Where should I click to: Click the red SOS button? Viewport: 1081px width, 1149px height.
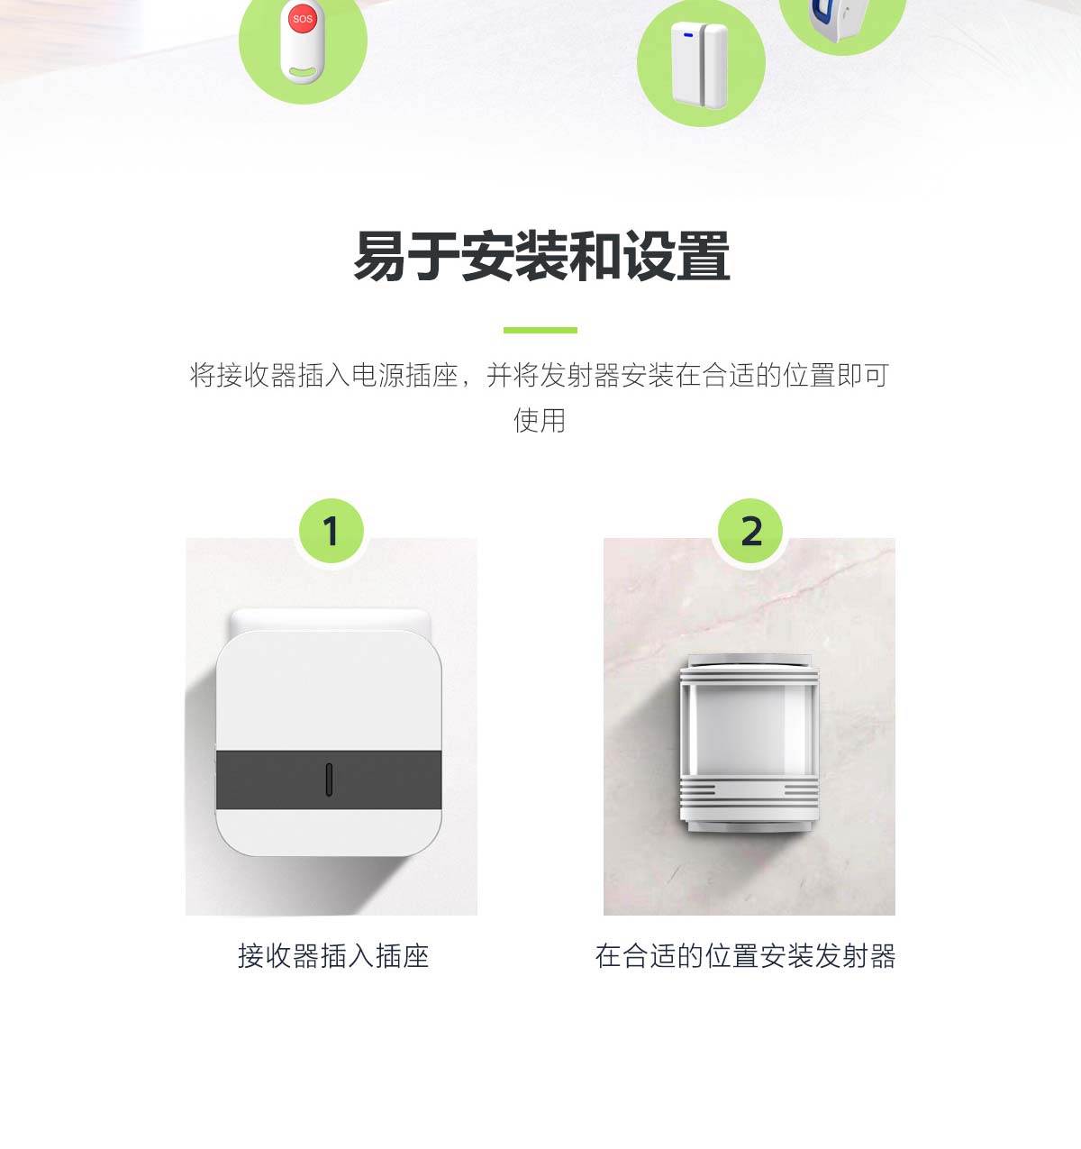[x=302, y=19]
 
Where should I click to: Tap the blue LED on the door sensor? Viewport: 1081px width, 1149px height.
[x=688, y=35]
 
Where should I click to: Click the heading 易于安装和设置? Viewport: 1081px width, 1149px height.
[x=541, y=256]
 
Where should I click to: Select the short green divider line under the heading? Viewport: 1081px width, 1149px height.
[x=540, y=330]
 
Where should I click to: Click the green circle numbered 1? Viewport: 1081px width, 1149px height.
[x=332, y=531]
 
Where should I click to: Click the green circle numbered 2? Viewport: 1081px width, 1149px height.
[x=750, y=531]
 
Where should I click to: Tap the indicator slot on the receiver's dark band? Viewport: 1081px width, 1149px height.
[x=329, y=780]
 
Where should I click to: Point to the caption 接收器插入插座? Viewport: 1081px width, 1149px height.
[x=333, y=956]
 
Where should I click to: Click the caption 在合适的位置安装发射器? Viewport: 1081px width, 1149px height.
[x=745, y=956]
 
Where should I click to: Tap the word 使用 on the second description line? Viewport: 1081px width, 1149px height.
[x=540, y=420]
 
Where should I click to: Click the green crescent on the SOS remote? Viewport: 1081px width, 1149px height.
[x=303, y=72]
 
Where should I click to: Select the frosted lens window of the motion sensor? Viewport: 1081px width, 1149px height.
[x=749, y=730]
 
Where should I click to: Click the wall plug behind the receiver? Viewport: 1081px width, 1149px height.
[x=331, y=620]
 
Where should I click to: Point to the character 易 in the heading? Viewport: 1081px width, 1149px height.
[x=379, y=256]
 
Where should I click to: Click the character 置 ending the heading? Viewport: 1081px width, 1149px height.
[x=704, y=256]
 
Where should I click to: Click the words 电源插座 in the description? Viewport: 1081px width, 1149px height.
[x=404, y=375]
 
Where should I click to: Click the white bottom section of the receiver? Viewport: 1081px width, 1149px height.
[x=329, y=832]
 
